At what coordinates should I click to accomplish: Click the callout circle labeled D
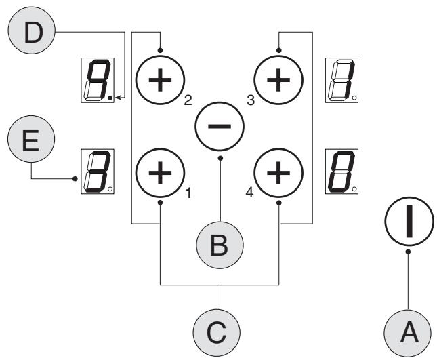(32, 31)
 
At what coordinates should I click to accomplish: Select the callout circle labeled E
(31, 139)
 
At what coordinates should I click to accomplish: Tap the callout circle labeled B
(220, 245)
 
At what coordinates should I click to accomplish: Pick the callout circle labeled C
(217, 332)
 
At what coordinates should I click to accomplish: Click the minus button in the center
(220, 127)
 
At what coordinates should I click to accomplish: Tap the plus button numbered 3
(278, 80)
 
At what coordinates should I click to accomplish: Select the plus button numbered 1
(161, 173)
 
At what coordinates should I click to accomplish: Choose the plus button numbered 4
(278, 173)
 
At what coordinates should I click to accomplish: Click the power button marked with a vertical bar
(409, 222)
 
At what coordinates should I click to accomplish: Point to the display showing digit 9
(98, 80)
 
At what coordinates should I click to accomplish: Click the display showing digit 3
(98, 172)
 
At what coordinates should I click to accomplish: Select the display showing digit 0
(342, 172)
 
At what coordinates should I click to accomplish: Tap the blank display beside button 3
(342, 80)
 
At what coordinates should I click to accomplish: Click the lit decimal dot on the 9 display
(110, 98)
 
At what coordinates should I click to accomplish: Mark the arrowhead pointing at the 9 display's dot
(118, 98)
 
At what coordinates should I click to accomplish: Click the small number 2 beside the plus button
(188, 100)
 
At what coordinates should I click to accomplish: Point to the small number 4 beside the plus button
(249, 193)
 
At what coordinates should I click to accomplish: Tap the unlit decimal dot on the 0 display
(354, 189)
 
